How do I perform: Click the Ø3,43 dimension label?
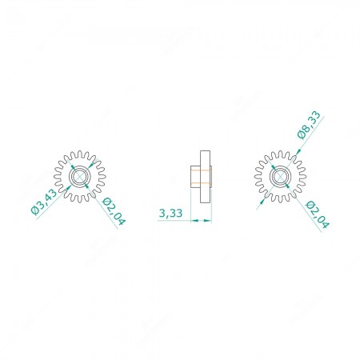pyautogui.click(x=44, y=202)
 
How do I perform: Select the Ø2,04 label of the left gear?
pyautogui.click(x=114, y=212)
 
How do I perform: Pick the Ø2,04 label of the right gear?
pyautogui.click(x=318, y=214)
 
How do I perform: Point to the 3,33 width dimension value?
pyautogui.click(x=170, y=213)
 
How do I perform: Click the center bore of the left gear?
pyautogui.click(x=80, y=176)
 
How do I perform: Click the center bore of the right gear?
pyautogui.click(x=280, y=176)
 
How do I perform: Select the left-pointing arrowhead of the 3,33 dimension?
pyautogui.click(x=195, y=221)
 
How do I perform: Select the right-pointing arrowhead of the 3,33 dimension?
pyautogui.click(x=207, y=221)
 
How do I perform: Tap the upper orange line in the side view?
pyautogui.click(x=201, y=170)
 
